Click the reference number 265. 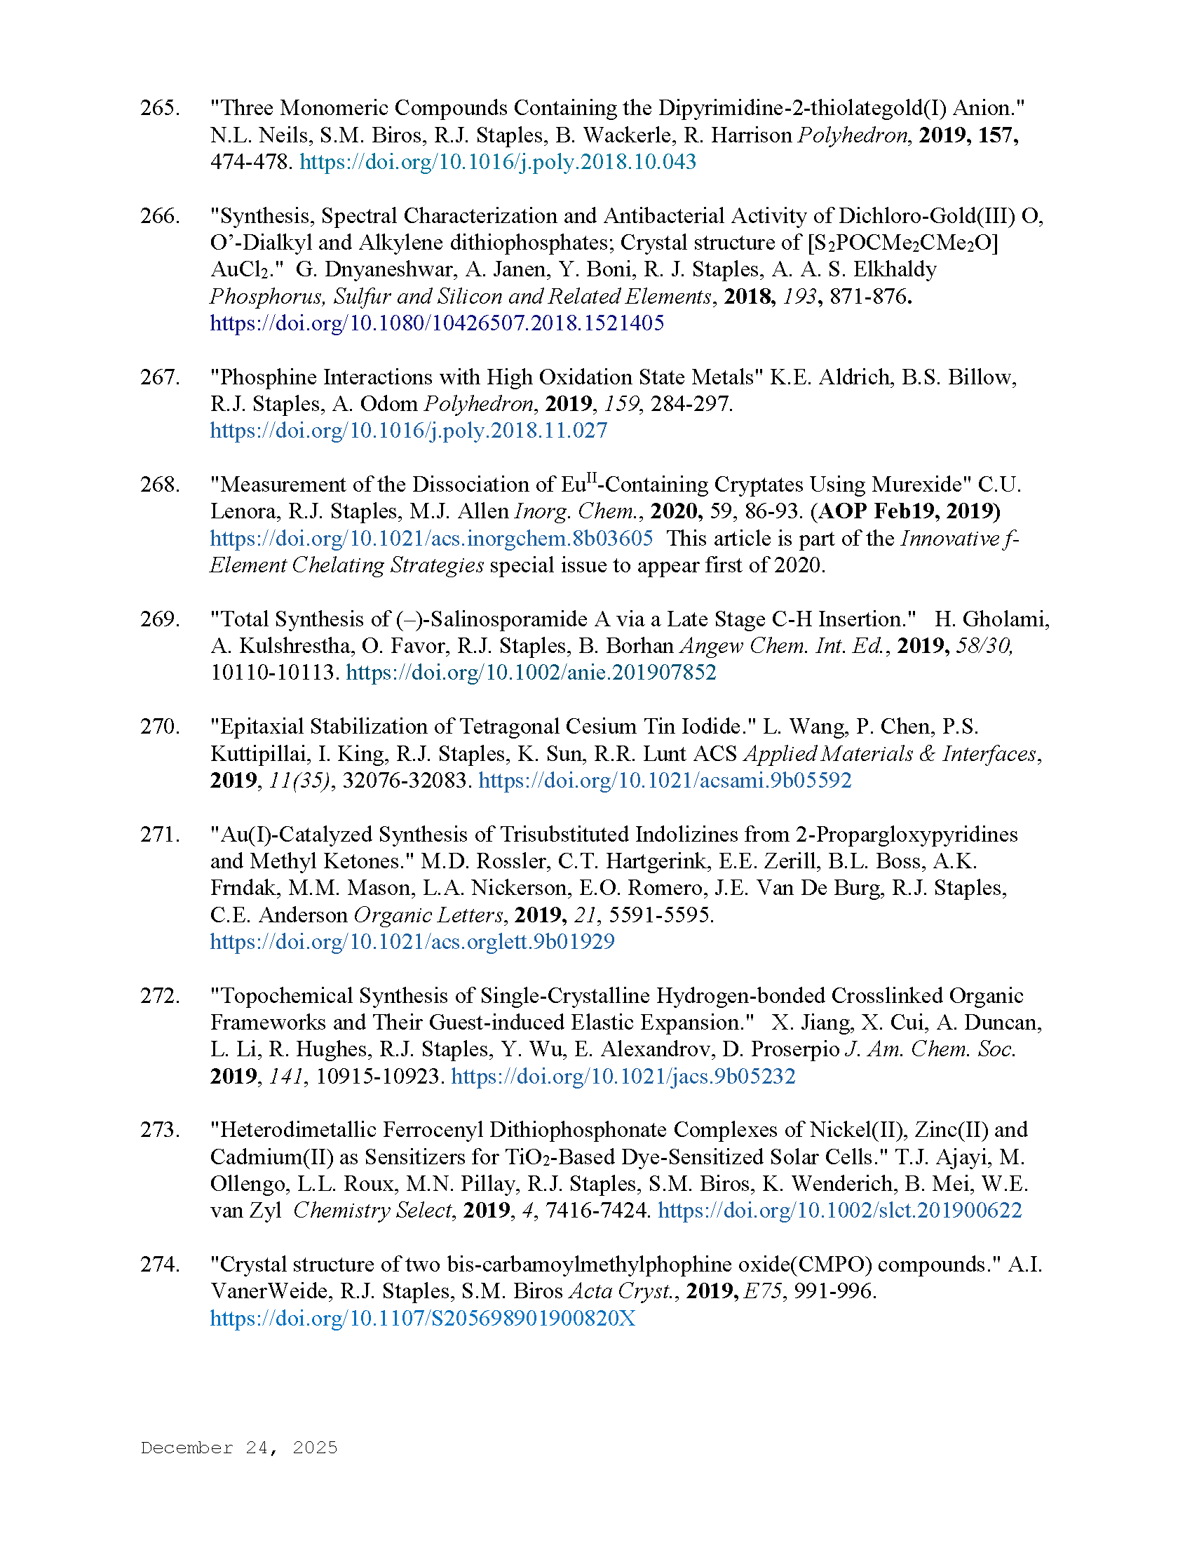click(159, 108)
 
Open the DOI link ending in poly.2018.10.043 click(497, 162)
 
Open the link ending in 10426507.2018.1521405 click(436, 323)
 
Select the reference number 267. click(159, 377)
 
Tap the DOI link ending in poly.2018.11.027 click(408, 430)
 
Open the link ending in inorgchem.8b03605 click(431, 539)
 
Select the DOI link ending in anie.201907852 click(530, 672)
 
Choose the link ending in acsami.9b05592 click(665, 781)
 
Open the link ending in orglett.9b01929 click(412, 942)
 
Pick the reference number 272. click(159, 996)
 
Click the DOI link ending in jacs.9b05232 click(623, 1076)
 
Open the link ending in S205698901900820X click(422, 1319)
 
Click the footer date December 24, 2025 click(238, 1448)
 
